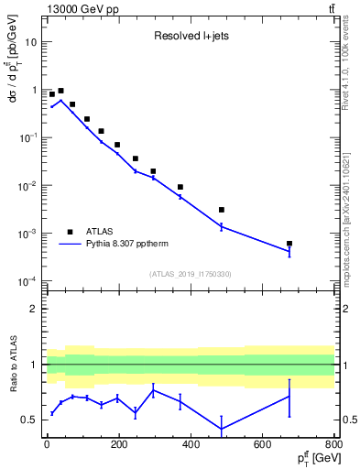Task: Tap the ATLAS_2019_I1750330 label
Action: pos(190,274)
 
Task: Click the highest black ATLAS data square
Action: pos(60,92)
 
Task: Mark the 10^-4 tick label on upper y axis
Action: pos(28,281)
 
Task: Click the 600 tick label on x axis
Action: pos(263,445)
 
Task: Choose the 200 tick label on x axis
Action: pos(119,445)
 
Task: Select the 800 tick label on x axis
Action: pos(334,445)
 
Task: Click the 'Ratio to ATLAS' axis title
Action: pos(12,365)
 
